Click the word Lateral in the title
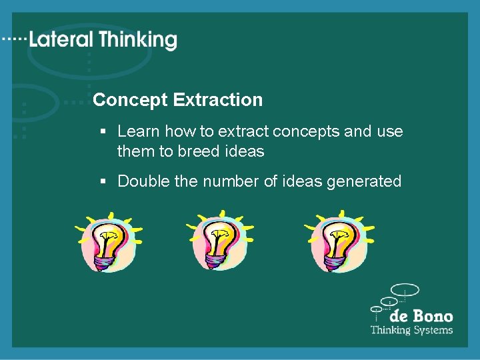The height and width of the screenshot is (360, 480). (x=62, y=40)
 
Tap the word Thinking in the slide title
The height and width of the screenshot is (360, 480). (x=139, y=41)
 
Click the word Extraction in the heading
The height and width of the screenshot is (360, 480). (x=217, y=100)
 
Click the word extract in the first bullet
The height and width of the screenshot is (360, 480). (x=241, y=131)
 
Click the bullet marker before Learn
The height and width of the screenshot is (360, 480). (x=103, y=132)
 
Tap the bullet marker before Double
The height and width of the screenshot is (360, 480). (x=103, y=182)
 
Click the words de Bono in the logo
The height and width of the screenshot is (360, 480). (x=421, y=316)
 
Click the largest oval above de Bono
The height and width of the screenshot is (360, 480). (x=405, y=290)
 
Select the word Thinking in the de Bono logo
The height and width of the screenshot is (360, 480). (x=390, y=330)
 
